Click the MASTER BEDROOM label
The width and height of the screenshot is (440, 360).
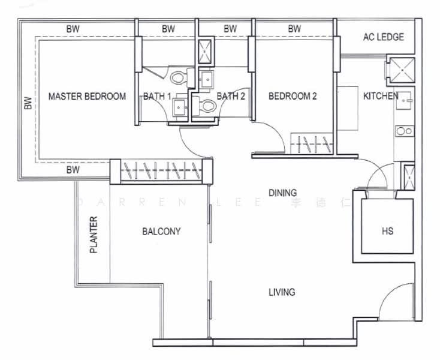coord(87,96)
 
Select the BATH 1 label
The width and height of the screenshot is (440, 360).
coord(157,96)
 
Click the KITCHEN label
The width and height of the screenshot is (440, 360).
coord(380,96)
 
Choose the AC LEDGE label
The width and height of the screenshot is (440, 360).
coord(383,37)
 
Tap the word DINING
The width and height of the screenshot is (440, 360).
coord(282,193)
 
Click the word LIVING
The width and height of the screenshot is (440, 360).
coord(282,292)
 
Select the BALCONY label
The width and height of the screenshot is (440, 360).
coord(161,231)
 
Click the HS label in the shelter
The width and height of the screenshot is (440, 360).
coord(387,231)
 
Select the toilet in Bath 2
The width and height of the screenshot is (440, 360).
coord(206,107)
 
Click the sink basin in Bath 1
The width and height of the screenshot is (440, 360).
coord(180,107)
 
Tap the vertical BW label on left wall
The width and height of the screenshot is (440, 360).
coord(27,103)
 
